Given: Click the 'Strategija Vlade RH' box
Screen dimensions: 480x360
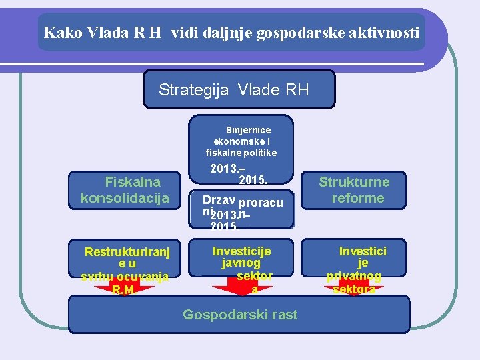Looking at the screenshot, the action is coord(239,89).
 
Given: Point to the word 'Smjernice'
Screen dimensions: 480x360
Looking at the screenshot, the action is coord(248,130).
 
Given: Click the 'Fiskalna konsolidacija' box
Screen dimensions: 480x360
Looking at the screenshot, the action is coord(124,189).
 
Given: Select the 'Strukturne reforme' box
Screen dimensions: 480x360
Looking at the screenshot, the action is coord(353,189).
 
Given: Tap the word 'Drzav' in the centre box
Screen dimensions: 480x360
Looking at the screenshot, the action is coord(219,200).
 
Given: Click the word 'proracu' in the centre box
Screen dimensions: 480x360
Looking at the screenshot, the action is coord(261,203).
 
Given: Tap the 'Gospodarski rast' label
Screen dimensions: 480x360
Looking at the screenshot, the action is coord(240,315).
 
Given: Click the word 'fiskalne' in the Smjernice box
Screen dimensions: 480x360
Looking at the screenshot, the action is coord(228,153).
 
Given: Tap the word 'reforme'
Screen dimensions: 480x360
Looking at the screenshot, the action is coord(358,198).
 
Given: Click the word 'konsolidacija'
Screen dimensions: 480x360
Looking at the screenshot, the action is coord(125,198).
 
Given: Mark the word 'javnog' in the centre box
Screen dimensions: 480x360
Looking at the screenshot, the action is coord(241,263).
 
